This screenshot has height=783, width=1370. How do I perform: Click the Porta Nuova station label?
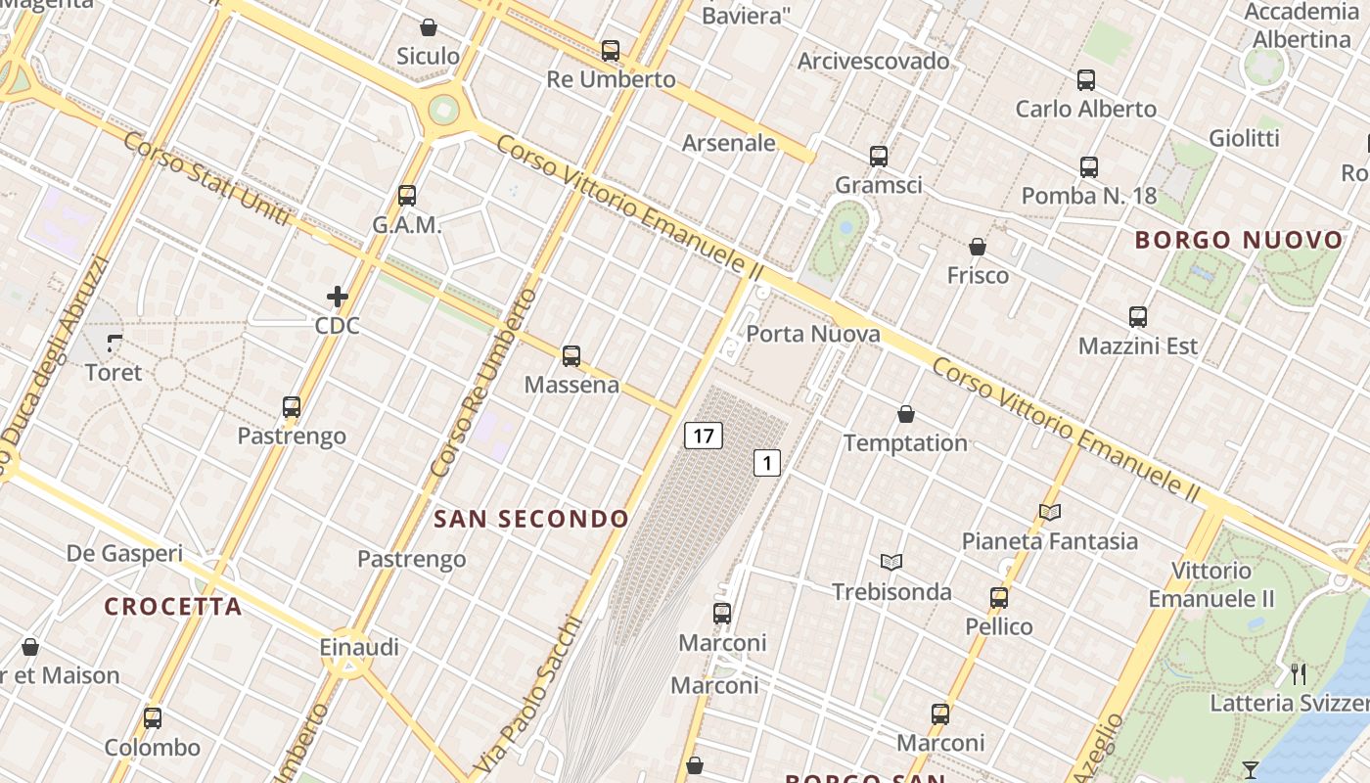pyautogui.click(x=813, y=334)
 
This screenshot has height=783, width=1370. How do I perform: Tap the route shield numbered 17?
pyautogui.click(x=704, y=436)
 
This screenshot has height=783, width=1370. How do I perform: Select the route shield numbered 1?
pyautogui.click(x=767, y=463)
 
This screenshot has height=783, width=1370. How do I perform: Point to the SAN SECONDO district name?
pyautogui.click(x=531, y=519)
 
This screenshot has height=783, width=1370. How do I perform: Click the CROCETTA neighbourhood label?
pyautogui.click(x=173, y=607)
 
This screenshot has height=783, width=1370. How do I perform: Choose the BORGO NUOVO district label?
pyautogui.click(x=1240, y=240)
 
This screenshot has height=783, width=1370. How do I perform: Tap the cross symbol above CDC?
pyautogui.click(x=338, y=296)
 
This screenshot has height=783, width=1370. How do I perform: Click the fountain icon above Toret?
pyautogui.click(x=114, y=343)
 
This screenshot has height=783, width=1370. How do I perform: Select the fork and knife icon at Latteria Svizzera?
pyautogui.click(x=1299, y=673)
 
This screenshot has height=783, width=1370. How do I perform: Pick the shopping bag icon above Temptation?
pyautogui.click(x=906, y=414)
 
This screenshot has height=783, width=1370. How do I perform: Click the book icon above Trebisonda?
pyautogui.click(x=890, y=562)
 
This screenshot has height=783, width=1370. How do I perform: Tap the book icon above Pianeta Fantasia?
pyautogui.click(x=1050, y=511)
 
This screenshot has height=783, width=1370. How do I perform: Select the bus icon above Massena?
pyautogui.click(x=571, y=356)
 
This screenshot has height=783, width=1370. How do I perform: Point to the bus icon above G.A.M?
pyautogui.click(x=407, y=196)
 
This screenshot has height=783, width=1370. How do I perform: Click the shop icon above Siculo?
pyautogui.click(x=428, y=27)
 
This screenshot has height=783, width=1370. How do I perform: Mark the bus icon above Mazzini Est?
pyautogui.click(x=1137, y=317)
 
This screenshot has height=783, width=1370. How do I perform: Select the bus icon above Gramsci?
pyautogui.click(x=879, y=156)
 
